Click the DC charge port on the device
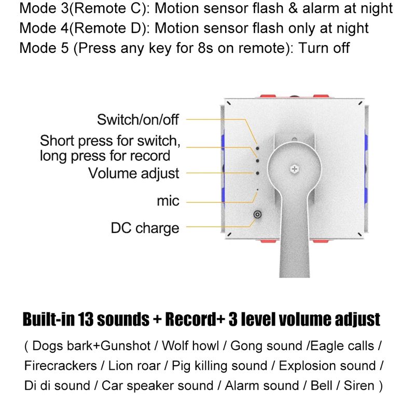(257, 214)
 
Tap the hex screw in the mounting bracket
(294, 169)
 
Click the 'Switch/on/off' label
(138, 120)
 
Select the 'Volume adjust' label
(134, 173)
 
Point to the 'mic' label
(168, 201)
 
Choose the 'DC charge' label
(145, 228)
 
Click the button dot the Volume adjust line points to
(257, 173)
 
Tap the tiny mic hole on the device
(257, 189)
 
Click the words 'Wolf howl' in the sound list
(190, 345)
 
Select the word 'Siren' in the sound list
(359, 385)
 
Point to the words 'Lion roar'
(134, 366)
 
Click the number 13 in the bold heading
(86, 319)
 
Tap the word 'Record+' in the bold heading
(195, 319)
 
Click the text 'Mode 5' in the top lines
(44, 48)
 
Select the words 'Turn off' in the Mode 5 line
(324, 48)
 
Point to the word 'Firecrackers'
(60, 366)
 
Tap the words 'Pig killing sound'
(219, 366)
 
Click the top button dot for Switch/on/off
(257, 148)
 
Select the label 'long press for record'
(105, 156)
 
